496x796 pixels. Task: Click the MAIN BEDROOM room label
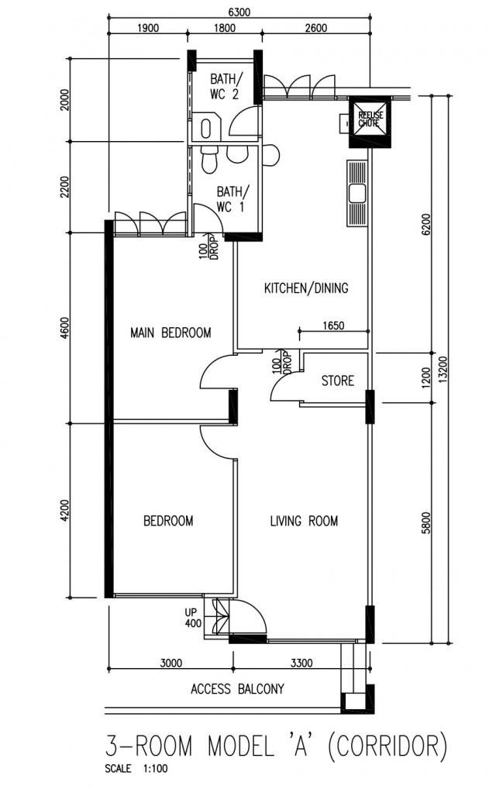tap(170, 333)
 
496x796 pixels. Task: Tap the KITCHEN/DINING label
tap(306, 288)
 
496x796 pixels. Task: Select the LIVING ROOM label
tap(304, 521)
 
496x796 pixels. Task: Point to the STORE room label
tap(337, 381)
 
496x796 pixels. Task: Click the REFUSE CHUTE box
tap(370, 119)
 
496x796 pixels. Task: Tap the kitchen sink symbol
tap(356, 193)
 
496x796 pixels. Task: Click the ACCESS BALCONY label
tap(237, 688)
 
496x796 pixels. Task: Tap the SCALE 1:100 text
tap(135, 770)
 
